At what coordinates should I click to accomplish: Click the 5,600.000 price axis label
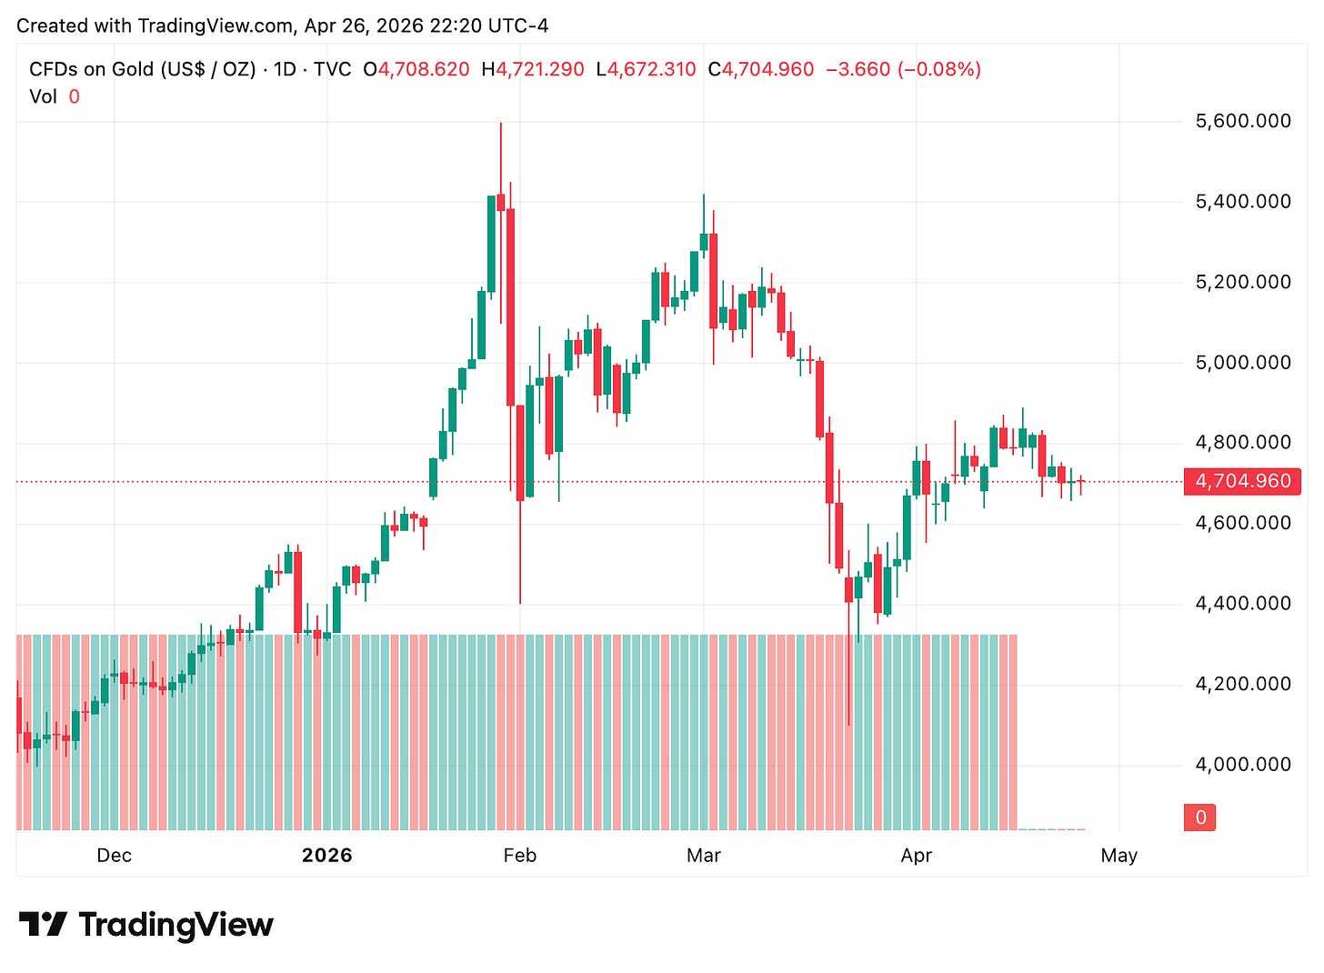(1242, 121)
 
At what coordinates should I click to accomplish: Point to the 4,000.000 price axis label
(1242, 765)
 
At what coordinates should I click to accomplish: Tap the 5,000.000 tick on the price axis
(1242, 363)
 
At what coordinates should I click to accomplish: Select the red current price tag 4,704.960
(1242, 481)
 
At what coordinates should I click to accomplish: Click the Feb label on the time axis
(519, 856)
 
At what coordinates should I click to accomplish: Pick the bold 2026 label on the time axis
(326, 856)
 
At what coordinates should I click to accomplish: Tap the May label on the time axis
(1118, 856)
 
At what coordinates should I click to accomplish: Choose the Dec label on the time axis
(114, 856)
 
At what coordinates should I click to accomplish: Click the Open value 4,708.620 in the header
(423, 69)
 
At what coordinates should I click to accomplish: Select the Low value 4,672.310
(651, 69)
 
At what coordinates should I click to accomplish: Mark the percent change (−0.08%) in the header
(939, 69)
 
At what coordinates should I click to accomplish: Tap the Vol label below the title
(43, 96)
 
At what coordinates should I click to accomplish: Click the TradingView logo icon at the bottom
(43, 925)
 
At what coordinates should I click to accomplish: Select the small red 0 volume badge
(1200, 818)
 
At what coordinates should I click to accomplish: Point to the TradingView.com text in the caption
(216, 25)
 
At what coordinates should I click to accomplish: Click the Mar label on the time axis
(703, 856)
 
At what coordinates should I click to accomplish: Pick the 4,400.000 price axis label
(1242, 604)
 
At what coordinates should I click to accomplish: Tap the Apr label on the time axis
(916, 856)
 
